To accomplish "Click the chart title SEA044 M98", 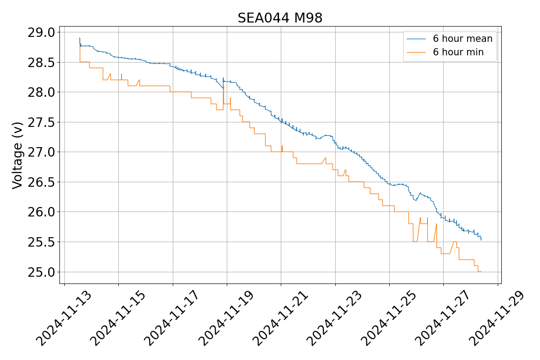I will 280,18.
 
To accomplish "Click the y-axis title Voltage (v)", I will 18,155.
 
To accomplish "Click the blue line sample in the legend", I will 416,39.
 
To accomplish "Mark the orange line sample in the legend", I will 416,52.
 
